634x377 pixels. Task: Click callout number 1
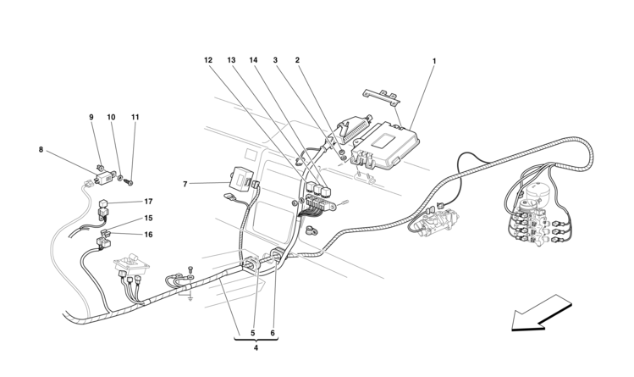click(x=434, y=61)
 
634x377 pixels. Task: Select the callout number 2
click(x=297, y=61)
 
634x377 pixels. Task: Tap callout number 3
click(x=276, y=61)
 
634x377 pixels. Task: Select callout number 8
click(x=41, y=150)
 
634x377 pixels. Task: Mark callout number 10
click(x=111, y=117)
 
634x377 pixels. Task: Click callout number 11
click(x=135, y=117)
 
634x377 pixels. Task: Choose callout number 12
click(x=208, y=61)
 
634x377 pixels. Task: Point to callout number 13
click(x=231, y=61)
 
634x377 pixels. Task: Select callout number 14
click(x=253, y=61)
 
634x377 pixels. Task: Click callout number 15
click(x=148, y=218)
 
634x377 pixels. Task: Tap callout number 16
click(x=148, y=235)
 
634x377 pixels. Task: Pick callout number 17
click(x=148, y=202)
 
